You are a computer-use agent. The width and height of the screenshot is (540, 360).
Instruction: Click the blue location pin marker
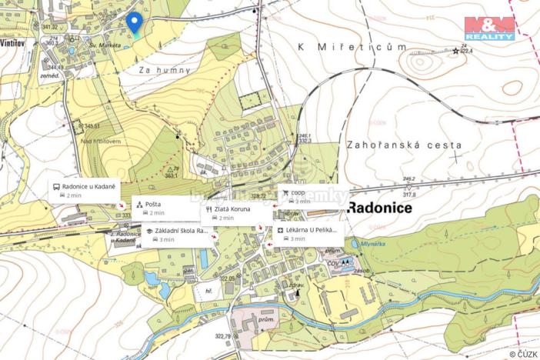(x=135, y=24)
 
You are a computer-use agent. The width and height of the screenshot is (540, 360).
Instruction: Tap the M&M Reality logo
(x=489, y=28)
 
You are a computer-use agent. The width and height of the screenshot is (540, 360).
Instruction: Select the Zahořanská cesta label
(x=404, y=145)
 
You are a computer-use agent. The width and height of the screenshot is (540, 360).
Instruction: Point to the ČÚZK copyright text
(x=524, y=354)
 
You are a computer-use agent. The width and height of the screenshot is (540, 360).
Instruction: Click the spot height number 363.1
(x=171, y=175)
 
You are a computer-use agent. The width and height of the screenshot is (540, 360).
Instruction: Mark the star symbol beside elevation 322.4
(x=455, y=51)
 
